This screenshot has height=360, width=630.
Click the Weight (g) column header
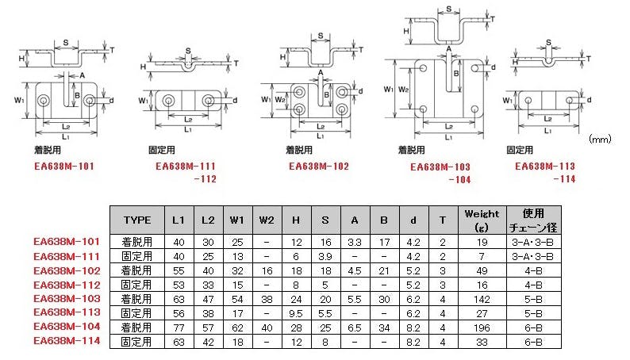coord(482,219)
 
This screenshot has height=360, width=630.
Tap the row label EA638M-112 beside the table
coord(67,285)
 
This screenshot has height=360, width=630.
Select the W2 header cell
coord(267,219)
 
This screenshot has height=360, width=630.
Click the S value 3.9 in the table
coord(325,256)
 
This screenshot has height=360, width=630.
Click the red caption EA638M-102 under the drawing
coord(318,167)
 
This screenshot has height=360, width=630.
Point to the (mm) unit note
coord(599,139)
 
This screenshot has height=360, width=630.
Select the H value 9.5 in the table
coord(296,313)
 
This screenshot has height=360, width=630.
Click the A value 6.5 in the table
coord(355,327)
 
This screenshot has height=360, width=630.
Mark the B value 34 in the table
coord(384,327)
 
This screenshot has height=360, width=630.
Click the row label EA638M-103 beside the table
coord(67,299)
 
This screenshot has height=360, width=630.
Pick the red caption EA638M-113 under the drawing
coord(544,167)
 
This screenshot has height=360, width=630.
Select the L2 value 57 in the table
coord(206,327)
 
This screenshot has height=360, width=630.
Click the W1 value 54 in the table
coord(236,299)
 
